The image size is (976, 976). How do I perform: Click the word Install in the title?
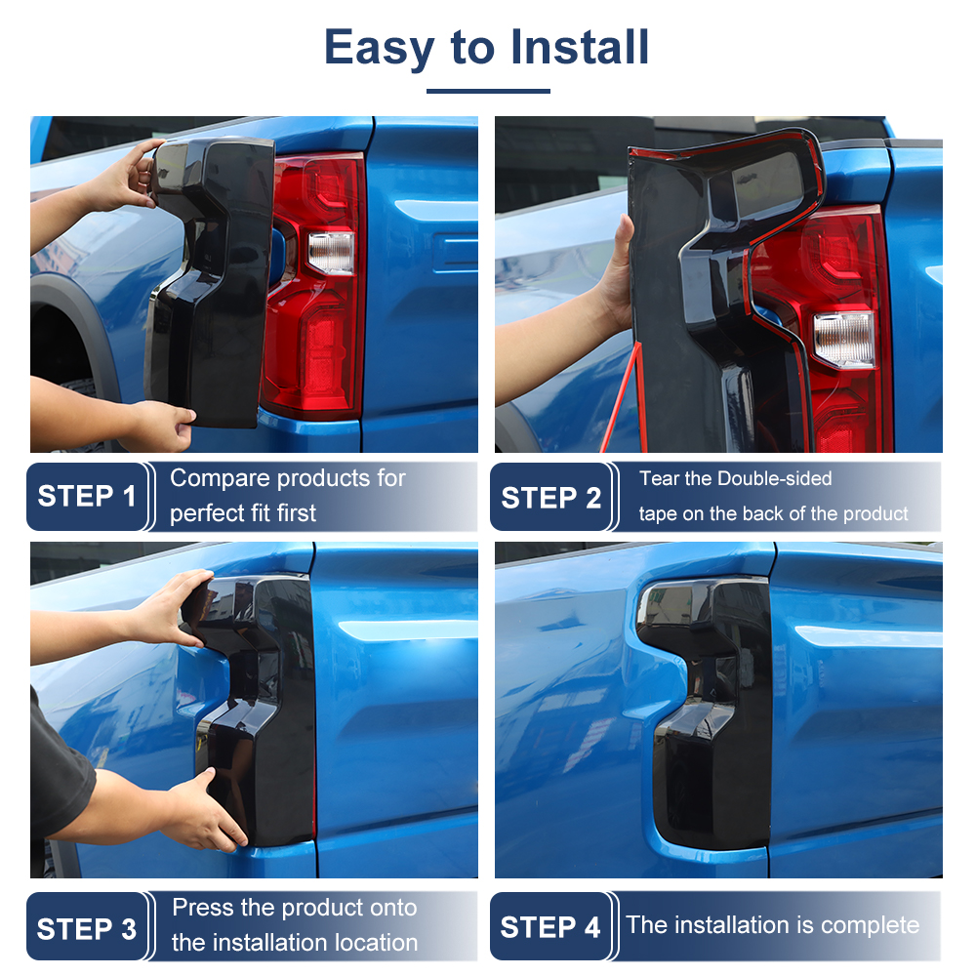click(x=580, y=47)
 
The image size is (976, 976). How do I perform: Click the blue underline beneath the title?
click(x=488, y=91)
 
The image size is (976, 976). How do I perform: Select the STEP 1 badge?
click(x=87, y=497)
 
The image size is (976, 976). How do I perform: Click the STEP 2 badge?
click(x=550, y=497)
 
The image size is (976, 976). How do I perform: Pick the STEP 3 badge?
click(x=87, y=927)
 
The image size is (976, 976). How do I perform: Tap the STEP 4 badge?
click(x=550, y=927)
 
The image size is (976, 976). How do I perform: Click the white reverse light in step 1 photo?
click(x=332, y=253)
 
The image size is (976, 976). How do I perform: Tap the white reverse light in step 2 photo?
click(x=844, y=340)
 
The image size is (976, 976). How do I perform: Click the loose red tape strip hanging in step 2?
click(x=621, y=397)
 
